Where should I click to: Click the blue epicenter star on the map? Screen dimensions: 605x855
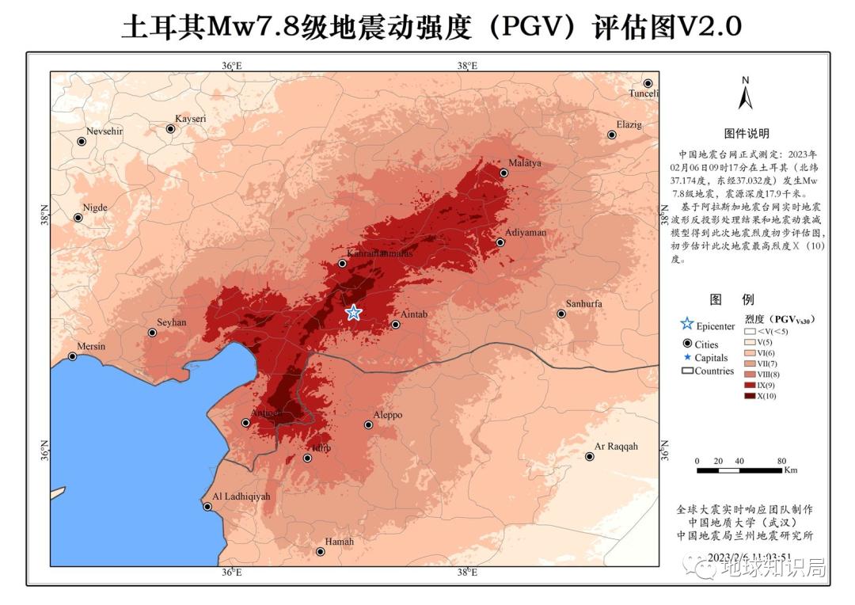[353, 312]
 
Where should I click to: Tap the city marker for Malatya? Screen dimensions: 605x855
[503, 173]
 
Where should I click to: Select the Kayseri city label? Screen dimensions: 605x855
[190, 119]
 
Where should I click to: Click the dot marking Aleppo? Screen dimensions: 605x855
[368, 424]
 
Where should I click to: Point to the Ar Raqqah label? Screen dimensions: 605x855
[616, 447]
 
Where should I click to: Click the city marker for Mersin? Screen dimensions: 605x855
[72, 356]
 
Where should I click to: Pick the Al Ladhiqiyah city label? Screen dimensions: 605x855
[242, 497]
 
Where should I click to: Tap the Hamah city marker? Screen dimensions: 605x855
[321, 552]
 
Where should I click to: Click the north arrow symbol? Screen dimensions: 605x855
[745, 94]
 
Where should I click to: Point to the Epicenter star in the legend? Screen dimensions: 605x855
[686, 324]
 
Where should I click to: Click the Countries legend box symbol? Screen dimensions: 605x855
[687, 371]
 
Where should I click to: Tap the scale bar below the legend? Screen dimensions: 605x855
[739, 470]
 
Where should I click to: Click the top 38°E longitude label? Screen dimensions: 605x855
[467, 66]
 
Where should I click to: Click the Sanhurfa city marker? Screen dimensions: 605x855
[561, 314]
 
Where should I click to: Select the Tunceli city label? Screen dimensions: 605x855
[644, 93]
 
